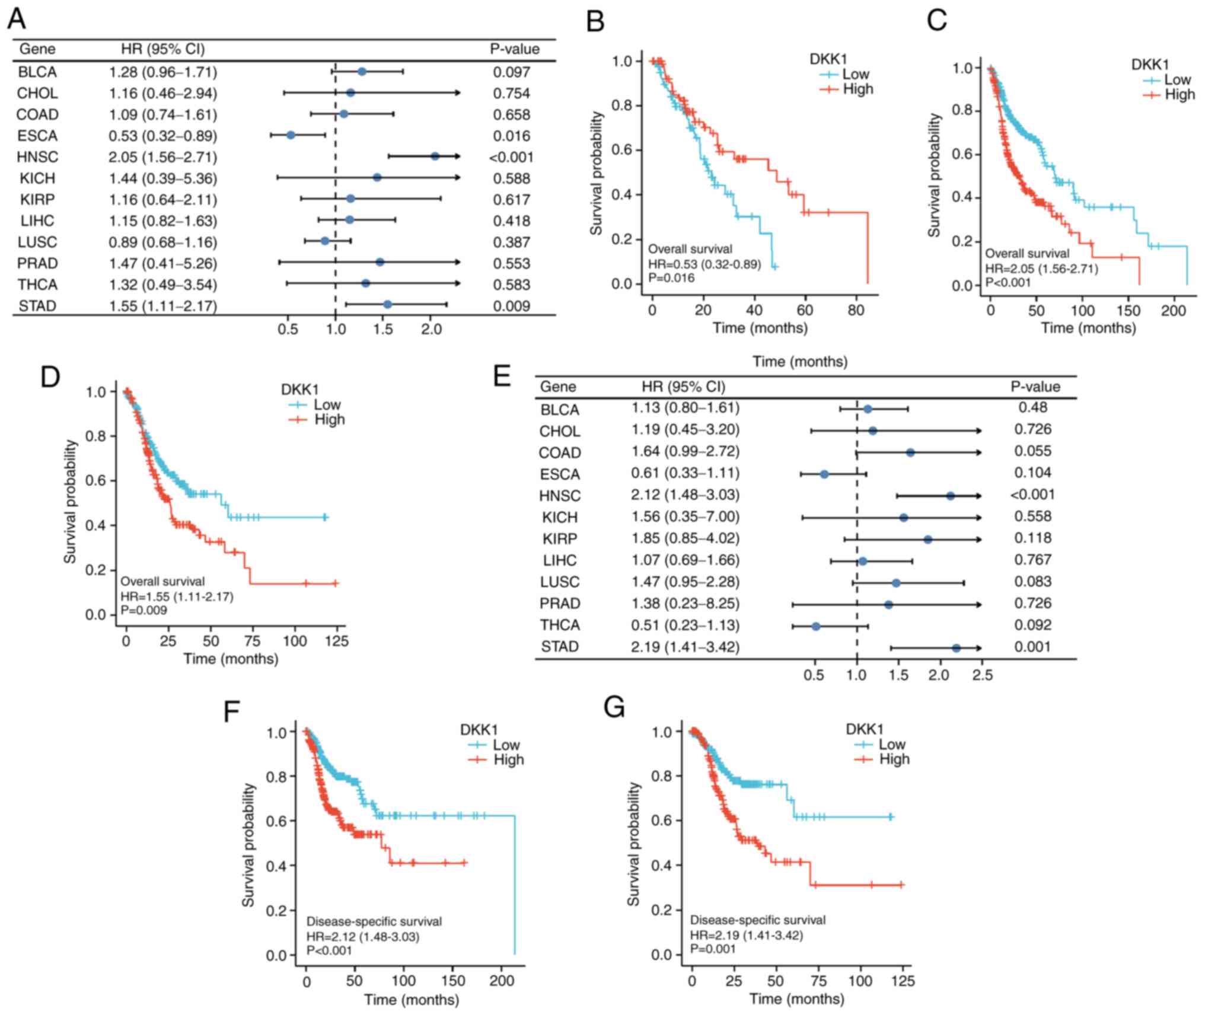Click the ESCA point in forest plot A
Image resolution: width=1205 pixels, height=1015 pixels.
pos(291,135)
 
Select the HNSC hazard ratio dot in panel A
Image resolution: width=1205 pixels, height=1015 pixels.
pos(435,156)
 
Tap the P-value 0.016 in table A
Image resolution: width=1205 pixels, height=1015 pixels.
pos(511,136)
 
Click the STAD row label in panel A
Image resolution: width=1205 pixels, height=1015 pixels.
pos(37,306)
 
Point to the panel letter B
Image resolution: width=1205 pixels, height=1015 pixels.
pos(595,21)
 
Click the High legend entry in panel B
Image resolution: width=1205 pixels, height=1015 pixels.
pos(857,89)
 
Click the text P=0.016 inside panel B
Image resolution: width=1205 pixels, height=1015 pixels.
pos(671,277)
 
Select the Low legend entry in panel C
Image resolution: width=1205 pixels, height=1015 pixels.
pos(1177,80)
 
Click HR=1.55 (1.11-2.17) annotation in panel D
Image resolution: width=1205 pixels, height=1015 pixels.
pos(177,596)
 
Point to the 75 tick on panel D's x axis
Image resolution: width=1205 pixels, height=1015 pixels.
pos(253,641)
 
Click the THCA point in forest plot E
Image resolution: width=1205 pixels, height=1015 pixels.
pos(816,626)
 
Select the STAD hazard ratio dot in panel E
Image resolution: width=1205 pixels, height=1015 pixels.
pos(956,648)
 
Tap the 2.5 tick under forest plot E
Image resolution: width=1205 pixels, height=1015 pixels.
pos(982,675)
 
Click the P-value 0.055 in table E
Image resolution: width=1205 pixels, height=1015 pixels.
pos(1032,451)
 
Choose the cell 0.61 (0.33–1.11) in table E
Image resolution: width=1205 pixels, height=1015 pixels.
pos(685,473)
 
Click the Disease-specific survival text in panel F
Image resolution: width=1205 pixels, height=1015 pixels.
pos(374,921)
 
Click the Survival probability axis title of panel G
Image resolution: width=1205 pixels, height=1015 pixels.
pos(633,844)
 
